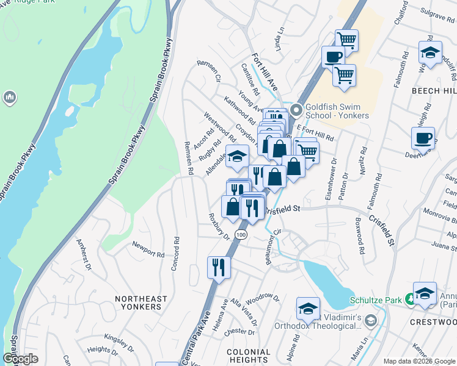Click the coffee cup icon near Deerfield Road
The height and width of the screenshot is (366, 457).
point(423,138)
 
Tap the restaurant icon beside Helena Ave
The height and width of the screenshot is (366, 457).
point(218,267)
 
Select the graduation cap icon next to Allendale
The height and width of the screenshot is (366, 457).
point(237,156)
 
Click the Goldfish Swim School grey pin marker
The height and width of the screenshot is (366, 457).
point(297,110)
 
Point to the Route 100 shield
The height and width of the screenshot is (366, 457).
point(242,235)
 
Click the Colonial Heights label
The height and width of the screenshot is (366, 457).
point(248,356)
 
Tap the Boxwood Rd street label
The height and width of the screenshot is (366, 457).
point(360,235)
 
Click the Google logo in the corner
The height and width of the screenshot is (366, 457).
point(20,359)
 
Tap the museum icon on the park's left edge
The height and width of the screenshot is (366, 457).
point(9,97)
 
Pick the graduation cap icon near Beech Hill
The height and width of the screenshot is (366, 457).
point(430,52)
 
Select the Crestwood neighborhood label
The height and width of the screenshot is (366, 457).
point(433,321)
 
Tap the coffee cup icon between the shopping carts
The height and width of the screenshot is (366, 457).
point(333,57)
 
